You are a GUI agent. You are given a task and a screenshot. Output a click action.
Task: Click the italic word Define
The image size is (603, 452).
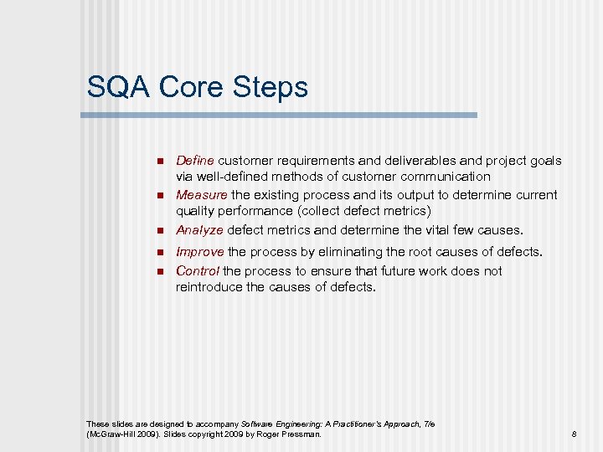click(194, 160)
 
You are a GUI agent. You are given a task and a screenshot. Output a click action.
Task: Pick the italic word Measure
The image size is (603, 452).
click(202, 195)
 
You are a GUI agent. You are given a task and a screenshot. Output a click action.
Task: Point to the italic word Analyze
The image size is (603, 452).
click(199, 230)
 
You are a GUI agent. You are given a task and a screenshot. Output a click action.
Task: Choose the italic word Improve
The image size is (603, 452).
click(199, 251)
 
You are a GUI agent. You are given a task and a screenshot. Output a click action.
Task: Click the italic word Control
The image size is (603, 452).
click(198, 271)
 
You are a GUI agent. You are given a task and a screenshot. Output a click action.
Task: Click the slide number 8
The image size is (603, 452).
click(574, 434)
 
